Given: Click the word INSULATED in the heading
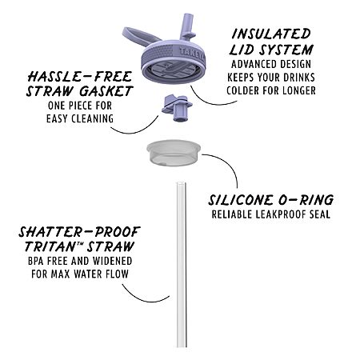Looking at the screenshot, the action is tap(271, 34).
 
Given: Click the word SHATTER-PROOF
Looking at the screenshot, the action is tap(79, 232).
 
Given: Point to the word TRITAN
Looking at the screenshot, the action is tap(52, 246).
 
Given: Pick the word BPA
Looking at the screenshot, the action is tap(36, 261).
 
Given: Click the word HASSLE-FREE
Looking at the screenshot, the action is tap(80, 77).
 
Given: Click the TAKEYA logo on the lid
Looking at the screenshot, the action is tap(191, 54).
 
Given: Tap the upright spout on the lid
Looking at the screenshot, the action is tap(189, 26).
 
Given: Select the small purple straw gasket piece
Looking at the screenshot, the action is tap(177, 107).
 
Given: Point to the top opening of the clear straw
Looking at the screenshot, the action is tap(181, 183).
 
